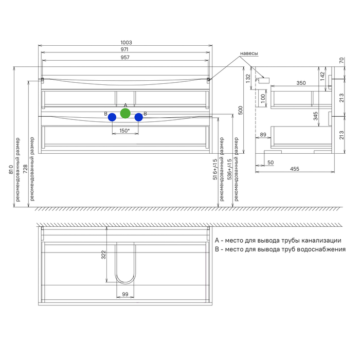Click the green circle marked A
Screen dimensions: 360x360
point(125,114)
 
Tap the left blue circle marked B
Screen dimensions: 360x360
point(112,117)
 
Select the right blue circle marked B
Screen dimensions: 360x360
point(139,117)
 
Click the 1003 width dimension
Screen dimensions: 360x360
point(127,43)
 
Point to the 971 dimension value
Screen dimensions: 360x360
point(124,49)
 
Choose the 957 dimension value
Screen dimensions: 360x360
point(125,58)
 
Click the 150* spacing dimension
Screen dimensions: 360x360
point(124,131)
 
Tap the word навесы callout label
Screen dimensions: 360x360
point(249,53)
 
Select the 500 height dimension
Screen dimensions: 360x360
point(240,111)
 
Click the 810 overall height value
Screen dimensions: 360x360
point(11,169)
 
